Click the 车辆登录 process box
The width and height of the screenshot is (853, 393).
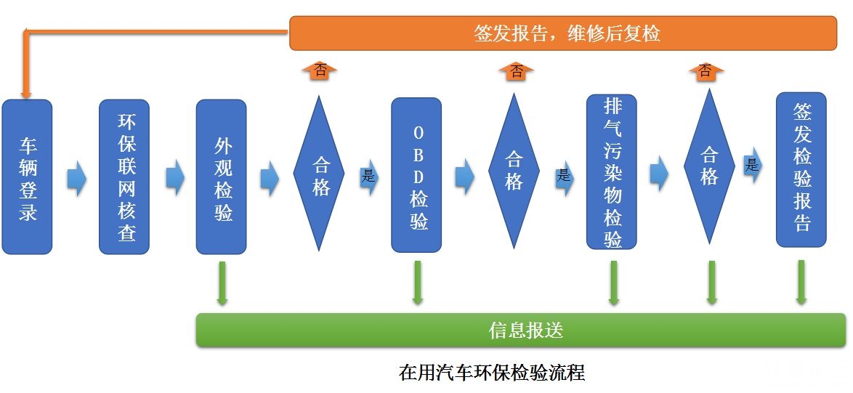(x=27, y=177)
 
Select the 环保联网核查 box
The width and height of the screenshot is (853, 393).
(x=124, y=177)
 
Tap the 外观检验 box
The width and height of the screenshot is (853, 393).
(x=222, y=177)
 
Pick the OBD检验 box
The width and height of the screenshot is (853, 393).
(x=417, y=175)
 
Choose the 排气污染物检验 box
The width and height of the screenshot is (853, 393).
(x=612, y=171)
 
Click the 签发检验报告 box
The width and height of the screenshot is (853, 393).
(x=801, y=169)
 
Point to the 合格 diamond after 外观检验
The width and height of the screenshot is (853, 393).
(x=318, y=174)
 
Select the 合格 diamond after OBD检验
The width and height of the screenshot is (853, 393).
(x=514, y=171)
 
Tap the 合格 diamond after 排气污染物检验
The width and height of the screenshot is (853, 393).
(x=709, y=166)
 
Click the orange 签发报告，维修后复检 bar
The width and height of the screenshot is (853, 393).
(x=563, y=33)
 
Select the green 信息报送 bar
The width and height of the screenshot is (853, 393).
(x=521, y=331)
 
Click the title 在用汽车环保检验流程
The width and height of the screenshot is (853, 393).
(x=492, y=373)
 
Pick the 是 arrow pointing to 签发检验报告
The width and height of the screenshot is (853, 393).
(x=753, y=166)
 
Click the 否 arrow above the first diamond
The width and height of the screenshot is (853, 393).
(x=320, y=71)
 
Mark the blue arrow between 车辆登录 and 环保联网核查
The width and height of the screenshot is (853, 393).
(x=76, y=178)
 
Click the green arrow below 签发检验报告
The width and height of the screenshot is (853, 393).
(x=801, y=282)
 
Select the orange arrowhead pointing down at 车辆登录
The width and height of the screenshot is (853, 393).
(x=26, y=90)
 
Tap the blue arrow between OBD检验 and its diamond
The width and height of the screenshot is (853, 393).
(x=465, y=176)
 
